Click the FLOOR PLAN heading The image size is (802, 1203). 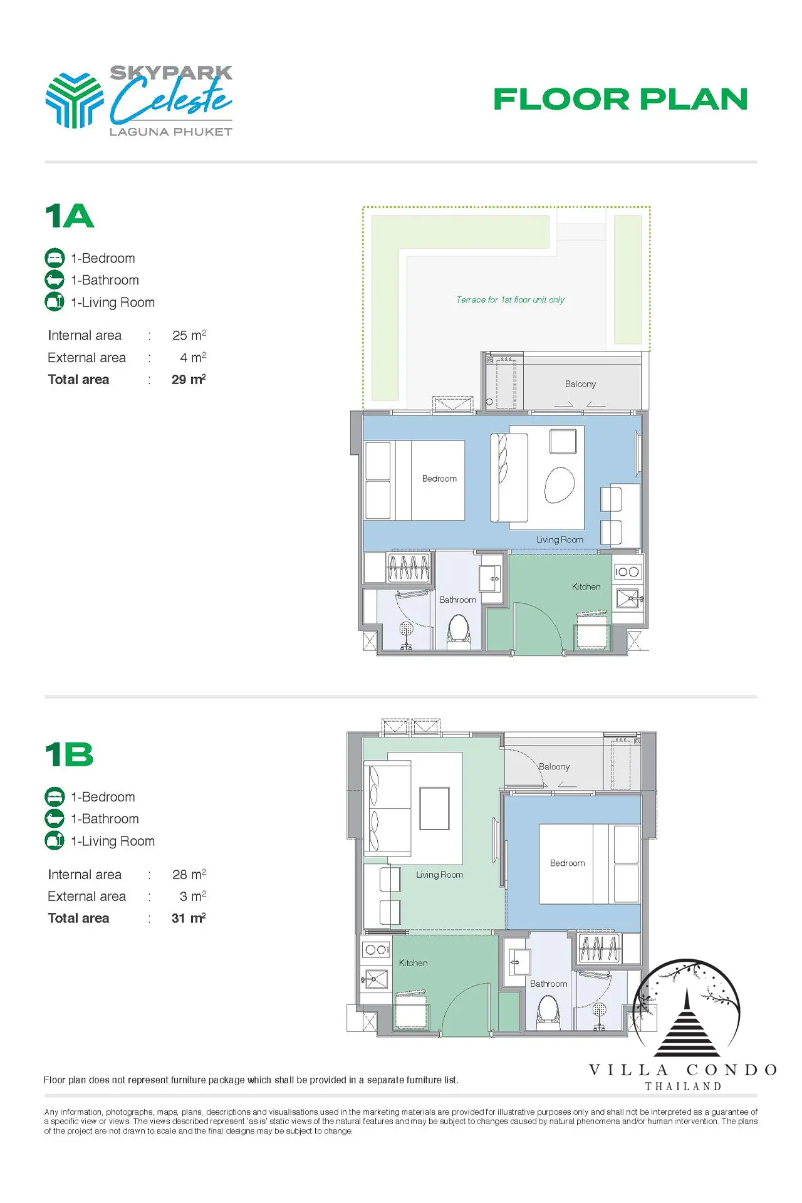pos(620,99)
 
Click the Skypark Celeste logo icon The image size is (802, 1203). pos(75,100)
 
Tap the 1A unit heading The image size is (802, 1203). pos(70,216)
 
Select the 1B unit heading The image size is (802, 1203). pos(70,754)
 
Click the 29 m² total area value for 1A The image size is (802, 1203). pos(189,379)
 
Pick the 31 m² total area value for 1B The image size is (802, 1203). pos(189,918)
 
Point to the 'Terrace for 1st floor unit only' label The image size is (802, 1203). pos(510,299)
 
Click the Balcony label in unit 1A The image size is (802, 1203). pos(580,384)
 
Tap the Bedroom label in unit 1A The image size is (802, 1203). pos(439,479)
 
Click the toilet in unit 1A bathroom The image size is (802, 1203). pos(459,630)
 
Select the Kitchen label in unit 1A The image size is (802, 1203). pos(586,586)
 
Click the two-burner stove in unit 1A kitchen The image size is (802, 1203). pos(627,571)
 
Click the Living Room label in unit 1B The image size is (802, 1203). pos(439,875)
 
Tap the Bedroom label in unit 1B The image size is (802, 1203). pos(567,863)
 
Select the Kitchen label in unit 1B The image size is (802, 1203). pos(413,962)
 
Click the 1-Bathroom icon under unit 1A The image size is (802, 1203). pos(55,280)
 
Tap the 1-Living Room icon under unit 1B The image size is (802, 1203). pos(55,841)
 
